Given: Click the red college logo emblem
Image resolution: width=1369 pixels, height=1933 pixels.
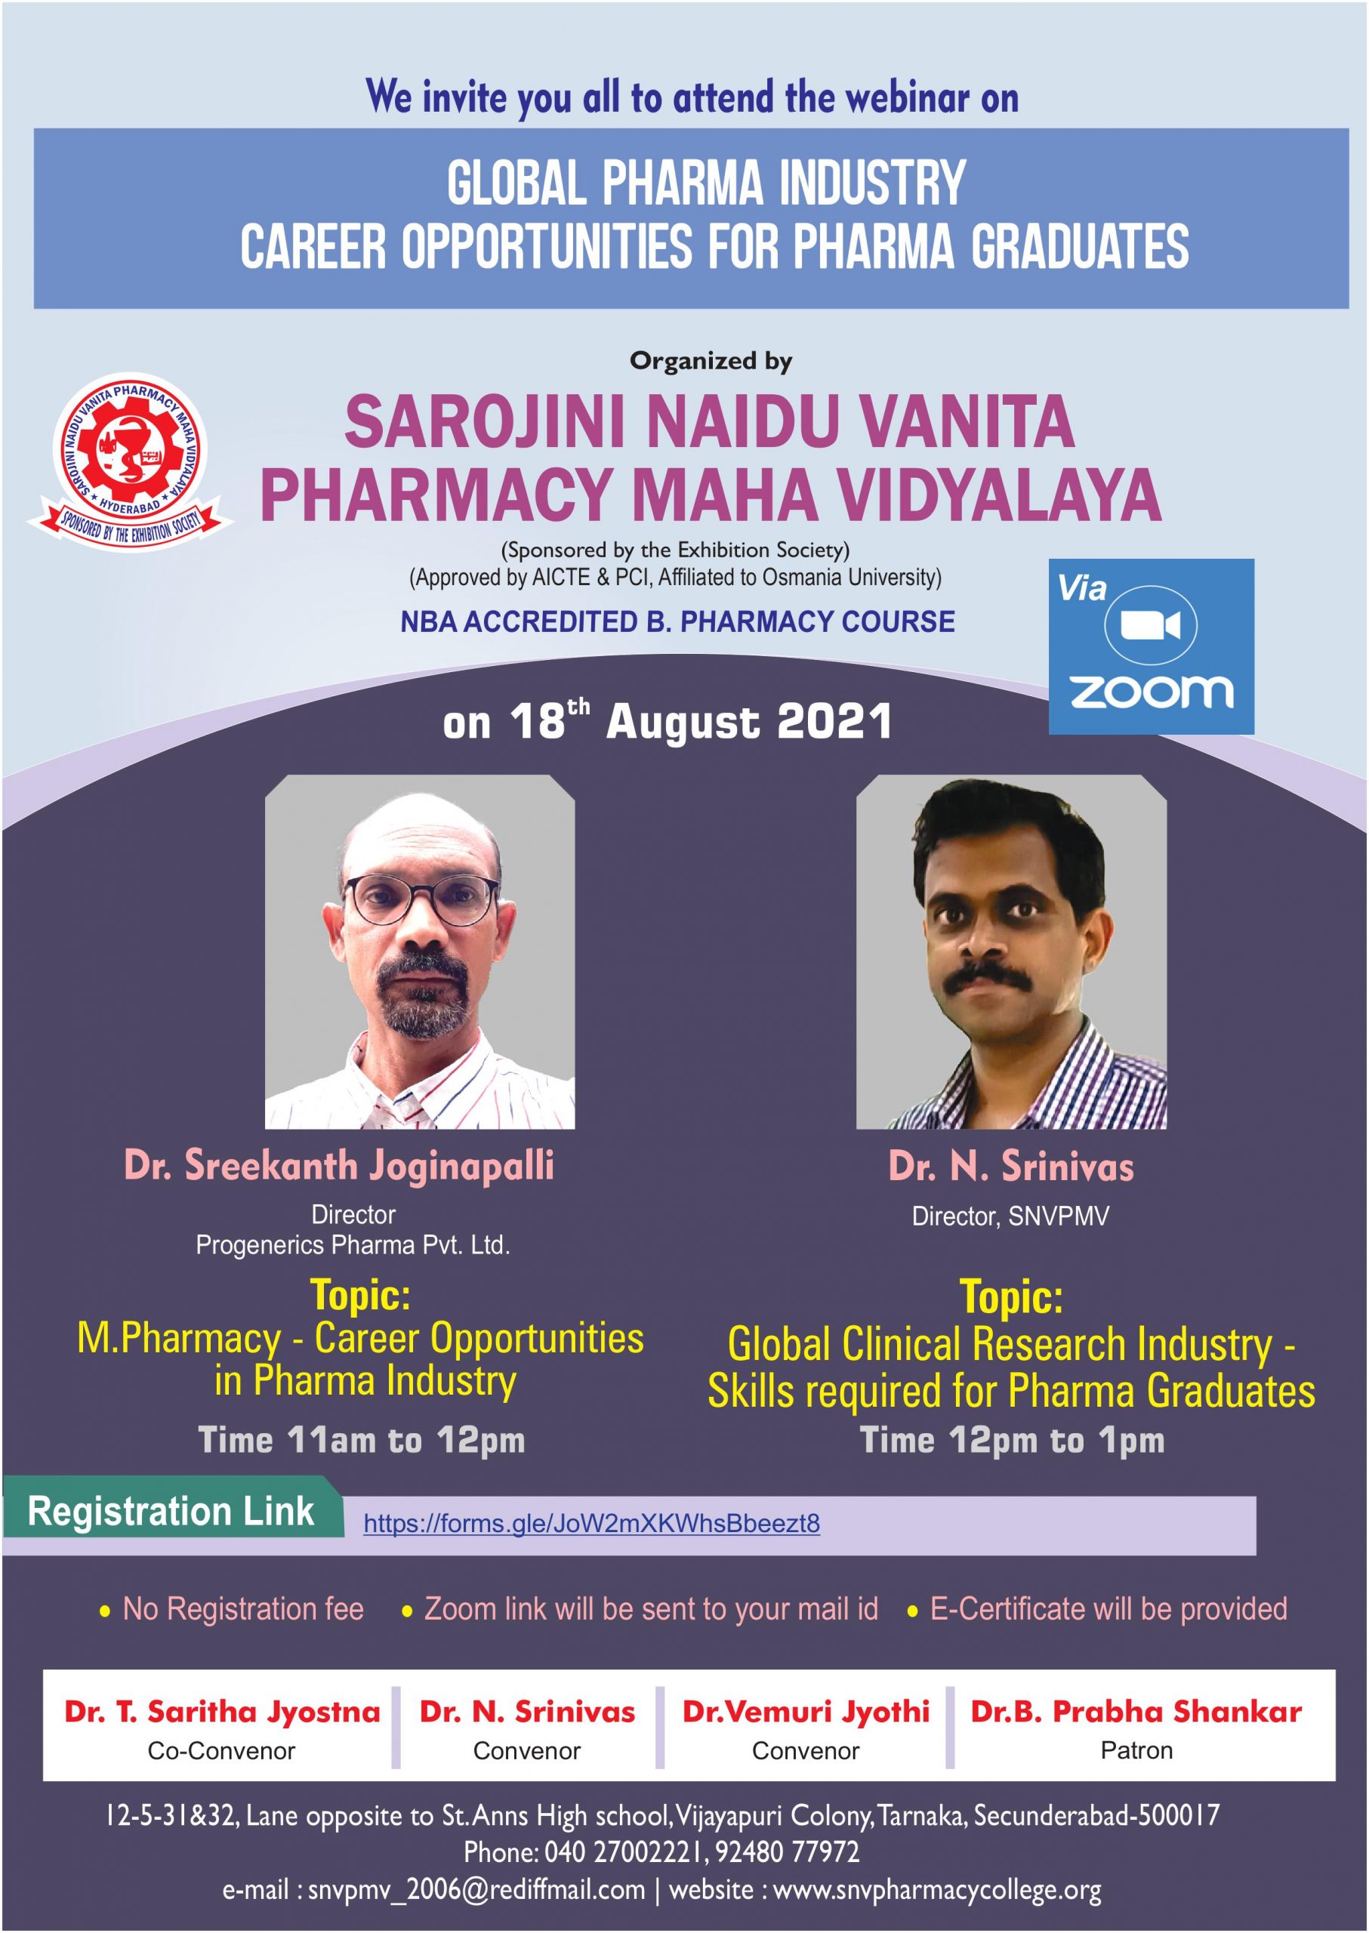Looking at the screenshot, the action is click(130, 459).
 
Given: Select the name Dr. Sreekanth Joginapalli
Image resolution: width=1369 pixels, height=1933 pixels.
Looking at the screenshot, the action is click(339, 1166).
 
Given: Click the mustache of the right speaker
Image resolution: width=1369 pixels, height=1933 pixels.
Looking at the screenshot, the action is click(994, 978).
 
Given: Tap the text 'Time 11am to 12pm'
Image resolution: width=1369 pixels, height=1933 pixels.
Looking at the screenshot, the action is click(362, 1440).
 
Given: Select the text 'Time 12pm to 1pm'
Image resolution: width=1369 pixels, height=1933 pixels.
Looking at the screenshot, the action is click(1012, 1440).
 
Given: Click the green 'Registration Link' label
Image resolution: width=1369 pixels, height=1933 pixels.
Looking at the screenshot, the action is click(171, 1511).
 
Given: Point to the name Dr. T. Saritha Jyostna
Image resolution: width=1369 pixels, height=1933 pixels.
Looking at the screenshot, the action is click(222, 1712).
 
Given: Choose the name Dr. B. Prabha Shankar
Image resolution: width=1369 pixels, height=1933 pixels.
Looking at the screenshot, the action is click(1136, 1711).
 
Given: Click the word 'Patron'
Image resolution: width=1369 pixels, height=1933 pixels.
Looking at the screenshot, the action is click(1136, 1751).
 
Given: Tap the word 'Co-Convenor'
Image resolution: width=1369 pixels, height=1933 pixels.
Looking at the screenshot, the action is click(222, 1752).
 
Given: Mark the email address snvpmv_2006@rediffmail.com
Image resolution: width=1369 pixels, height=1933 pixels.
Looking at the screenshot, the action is click(476, 1889).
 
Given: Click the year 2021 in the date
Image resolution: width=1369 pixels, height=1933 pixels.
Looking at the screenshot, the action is click(834, 722).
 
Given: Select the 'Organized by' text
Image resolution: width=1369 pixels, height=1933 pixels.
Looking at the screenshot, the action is click(711, 362).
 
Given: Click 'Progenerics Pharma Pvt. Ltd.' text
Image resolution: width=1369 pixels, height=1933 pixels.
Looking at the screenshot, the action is click(353, 1245).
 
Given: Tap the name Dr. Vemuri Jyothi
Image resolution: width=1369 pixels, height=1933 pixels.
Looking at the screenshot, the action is click(806, 1712).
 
